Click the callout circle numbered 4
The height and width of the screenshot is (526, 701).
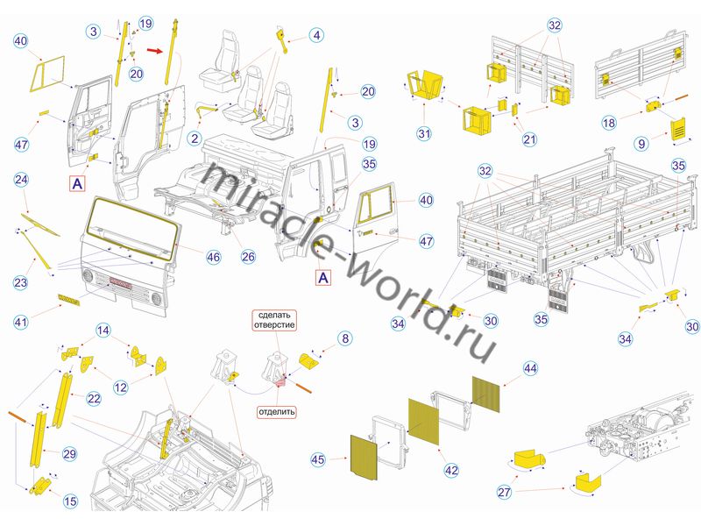click(316, 35)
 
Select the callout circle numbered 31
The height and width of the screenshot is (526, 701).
click(424, 133)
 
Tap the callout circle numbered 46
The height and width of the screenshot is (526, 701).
click(213, 257)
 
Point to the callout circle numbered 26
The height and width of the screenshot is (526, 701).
click(248, 256)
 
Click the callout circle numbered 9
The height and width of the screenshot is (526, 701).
click(642, 144)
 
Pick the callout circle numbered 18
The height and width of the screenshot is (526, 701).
click(609, 123)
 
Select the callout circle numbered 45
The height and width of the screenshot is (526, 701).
click(318, 459)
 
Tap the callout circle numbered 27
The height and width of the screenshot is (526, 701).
click(505, 492)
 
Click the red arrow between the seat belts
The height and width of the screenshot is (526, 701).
click(154, 51)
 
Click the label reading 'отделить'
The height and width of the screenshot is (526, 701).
click(277, 411)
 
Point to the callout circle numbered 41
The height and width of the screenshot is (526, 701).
click(21, 322)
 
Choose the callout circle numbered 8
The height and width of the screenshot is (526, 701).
click(345, 338)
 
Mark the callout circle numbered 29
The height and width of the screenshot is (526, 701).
click(70, 454)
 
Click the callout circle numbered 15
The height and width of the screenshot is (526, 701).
click(70, 501)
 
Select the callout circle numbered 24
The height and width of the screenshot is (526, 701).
click(21, 180)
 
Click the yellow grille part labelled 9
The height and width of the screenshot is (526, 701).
click(677, 130)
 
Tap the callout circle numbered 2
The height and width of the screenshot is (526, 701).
click(195, 139)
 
